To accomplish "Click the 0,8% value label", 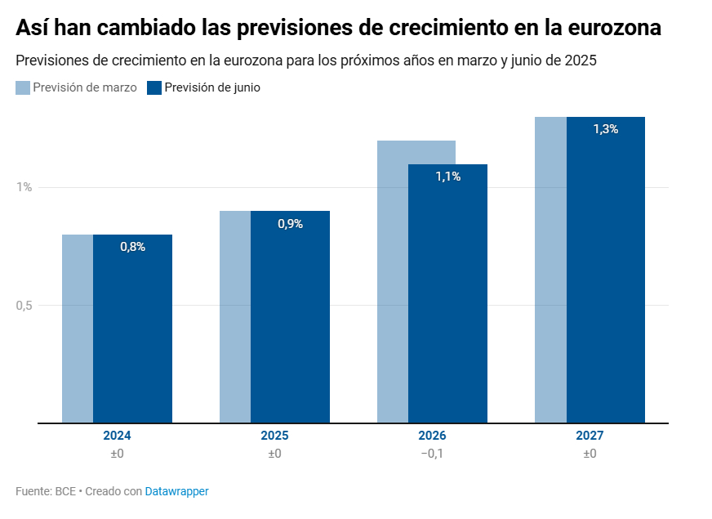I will [132, 247].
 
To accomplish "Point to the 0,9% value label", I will [290, 224].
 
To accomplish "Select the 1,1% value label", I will [447, 177].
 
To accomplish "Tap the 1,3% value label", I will [605, 129].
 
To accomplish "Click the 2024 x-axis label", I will [117, 436].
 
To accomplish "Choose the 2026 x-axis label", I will [432, 436].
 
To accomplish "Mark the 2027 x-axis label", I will [590, 436].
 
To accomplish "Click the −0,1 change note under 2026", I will [432, 454].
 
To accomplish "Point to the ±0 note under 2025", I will [274, 454].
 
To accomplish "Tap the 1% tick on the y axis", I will [24, 187].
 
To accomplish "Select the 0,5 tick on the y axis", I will [24, 306].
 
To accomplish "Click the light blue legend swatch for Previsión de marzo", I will [23, 87].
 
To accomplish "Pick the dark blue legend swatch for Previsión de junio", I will [154, 87].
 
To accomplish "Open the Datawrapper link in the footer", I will [176, 491].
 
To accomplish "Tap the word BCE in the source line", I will [65, 491].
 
